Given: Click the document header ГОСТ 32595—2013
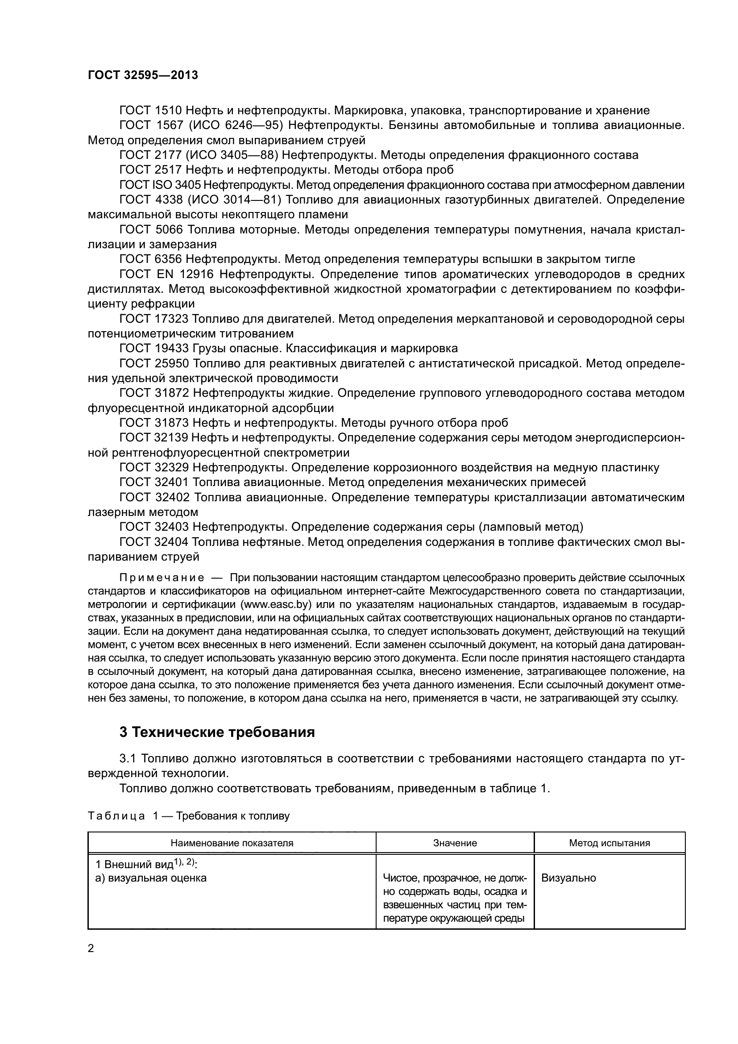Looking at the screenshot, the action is point(143,75).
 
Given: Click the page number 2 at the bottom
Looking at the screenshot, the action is point(91,948).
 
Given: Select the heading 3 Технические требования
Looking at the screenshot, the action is point(217,732).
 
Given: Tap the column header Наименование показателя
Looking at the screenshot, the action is point(232,843).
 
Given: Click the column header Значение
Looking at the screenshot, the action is point(455,843).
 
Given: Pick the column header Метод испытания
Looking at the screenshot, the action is point(609,843).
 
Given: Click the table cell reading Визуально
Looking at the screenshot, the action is point(568,878).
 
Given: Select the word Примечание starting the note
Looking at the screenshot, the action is point(162,578).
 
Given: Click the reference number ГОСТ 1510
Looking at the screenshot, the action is point(150,111).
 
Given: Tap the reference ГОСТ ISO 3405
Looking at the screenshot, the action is point(159,185).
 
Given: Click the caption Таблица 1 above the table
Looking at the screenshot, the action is point(123,816).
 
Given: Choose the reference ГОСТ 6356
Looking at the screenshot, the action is point(150,259).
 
